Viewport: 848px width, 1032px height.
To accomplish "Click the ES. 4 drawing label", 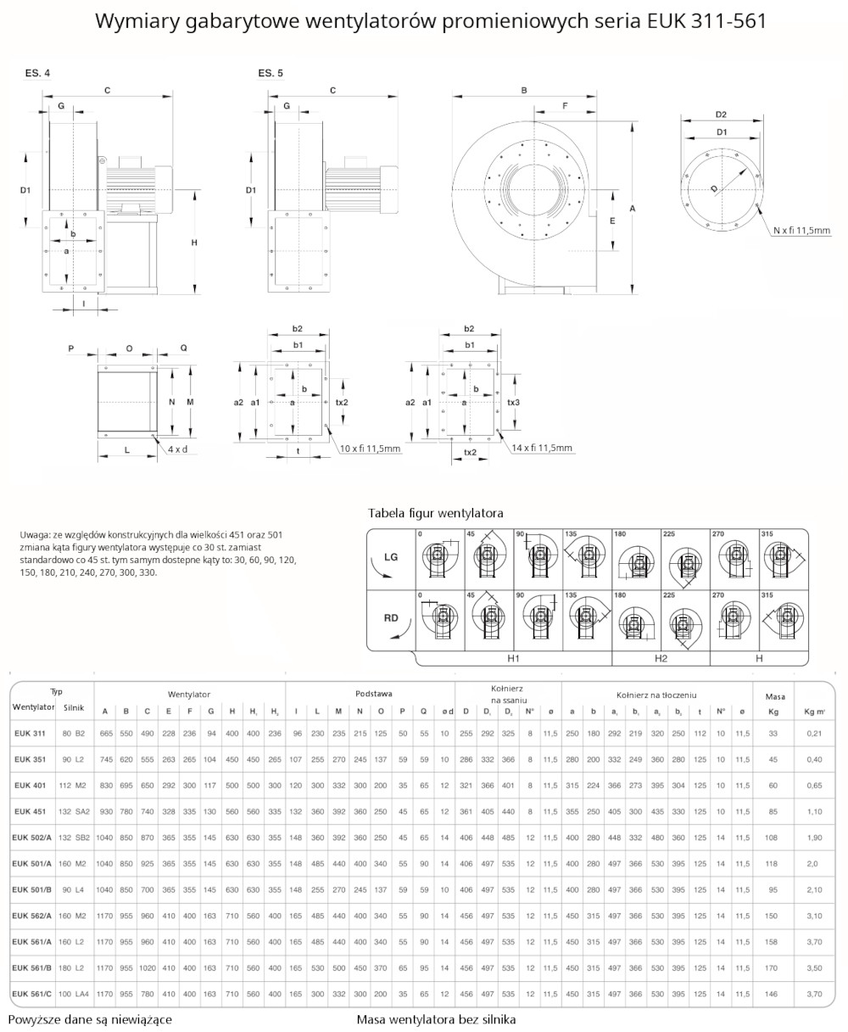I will click(x=36, y=74).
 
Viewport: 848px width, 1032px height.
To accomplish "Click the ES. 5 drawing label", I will click(x=271, y=74).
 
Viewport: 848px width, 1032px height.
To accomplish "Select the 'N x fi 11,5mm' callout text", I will click(x=801, y=229).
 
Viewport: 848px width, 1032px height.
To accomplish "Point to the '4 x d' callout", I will click(x=177, y=448).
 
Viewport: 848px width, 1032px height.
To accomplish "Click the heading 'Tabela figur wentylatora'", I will click(x=435, y=513).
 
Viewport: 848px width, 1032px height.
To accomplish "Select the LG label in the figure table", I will click(x=391, y=558).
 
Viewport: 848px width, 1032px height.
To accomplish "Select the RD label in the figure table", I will click(x=391, y=618).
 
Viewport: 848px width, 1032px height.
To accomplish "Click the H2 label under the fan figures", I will click(x=661, y=658).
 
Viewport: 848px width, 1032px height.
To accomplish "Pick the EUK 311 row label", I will click(x=31, y=733).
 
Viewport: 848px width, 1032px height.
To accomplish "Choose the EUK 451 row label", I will click(x=31, y=811).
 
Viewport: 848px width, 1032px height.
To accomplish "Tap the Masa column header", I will click(x=774, y=696).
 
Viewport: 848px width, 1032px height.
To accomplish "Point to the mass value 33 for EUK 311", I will click(x=773, y=733).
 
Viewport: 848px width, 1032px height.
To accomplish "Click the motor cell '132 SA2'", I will click(x=75, y=811).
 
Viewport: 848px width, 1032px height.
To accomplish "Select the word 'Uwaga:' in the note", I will click(x=35, y=535).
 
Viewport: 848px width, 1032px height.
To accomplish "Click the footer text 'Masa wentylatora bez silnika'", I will click(x=436, y=1019).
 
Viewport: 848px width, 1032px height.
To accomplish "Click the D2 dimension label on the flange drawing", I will click(x=721, y=114).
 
